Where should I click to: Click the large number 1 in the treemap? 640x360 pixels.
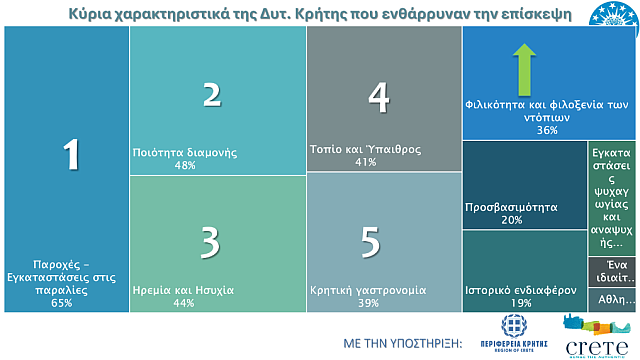click(x=70, y=155)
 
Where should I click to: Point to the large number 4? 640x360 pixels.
click(x=378, y=96)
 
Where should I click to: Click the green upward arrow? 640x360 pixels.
click(x=522, y=67)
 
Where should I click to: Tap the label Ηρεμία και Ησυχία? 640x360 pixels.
click(x=184, y=290)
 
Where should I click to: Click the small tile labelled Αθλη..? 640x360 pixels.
click(x=611, y=299)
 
